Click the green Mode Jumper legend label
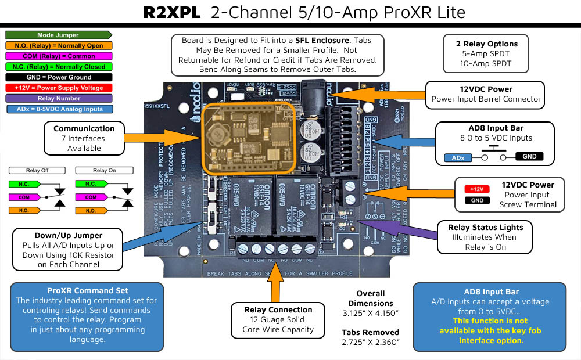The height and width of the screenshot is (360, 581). pos(58,35)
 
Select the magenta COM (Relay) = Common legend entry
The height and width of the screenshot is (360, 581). pos(58,56)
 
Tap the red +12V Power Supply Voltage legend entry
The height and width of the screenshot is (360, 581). pos(58,88)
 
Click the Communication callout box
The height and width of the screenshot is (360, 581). pos(84,138)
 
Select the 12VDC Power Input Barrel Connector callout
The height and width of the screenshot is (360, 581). pos(486,94)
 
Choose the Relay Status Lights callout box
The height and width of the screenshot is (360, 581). pos(485,236)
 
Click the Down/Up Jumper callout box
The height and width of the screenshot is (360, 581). pos(68,250)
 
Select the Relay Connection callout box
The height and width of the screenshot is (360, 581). pos(278,319)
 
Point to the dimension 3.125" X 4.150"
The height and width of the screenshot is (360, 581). pos(371,314)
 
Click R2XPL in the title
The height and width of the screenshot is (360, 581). pos(173,13)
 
